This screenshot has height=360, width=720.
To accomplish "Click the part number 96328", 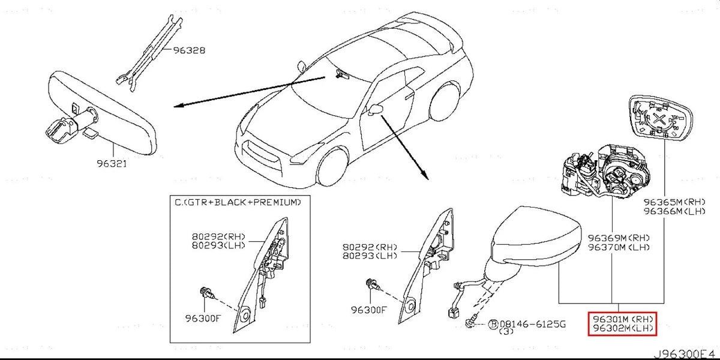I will tap(190, 51).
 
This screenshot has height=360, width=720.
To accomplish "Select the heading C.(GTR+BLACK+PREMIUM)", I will tap(238, 203).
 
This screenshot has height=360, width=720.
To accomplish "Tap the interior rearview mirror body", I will tap(105, 111).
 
